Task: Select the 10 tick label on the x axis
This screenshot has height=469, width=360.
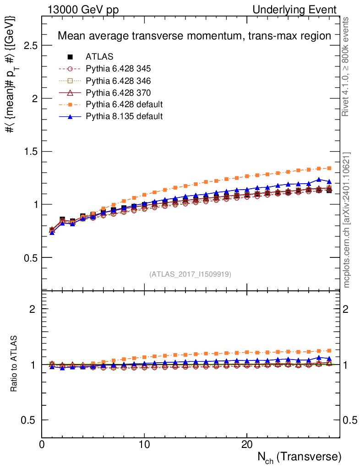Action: coord(144,444)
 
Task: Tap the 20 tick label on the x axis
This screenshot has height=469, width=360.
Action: coord(247,444)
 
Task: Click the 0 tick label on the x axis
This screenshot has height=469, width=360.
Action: coord(42,444)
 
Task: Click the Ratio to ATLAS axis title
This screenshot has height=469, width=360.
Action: coord(13,363)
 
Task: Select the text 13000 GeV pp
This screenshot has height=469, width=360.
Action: coord(83,10)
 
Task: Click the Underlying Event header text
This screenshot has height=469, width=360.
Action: coord(295,10)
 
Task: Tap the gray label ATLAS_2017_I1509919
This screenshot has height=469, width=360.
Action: coord(190,274)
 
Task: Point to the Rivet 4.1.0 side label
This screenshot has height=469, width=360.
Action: coord(345,67)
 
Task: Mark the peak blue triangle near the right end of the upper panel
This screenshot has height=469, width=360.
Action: coord(319,180)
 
